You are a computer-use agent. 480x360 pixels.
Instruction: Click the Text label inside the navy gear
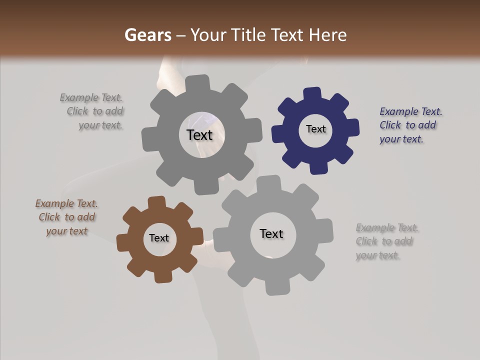tap(315, 129)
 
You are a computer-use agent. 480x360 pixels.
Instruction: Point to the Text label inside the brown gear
tap(159, 238)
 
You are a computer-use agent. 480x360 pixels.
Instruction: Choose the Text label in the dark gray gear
tap(199, 135)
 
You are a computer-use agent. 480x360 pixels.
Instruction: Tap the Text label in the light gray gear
tap(271, 233)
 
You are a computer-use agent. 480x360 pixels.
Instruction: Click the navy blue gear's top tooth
tap(312, 94)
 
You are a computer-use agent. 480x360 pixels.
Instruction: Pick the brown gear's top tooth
tap(157, 202)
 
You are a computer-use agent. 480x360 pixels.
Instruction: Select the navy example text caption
tap(410, 125)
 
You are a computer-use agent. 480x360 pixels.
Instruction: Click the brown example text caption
tap(66, 217)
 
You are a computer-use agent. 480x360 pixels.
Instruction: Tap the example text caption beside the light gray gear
tap(386, 241)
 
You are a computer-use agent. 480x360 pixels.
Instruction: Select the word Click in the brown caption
tap(49, 217)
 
